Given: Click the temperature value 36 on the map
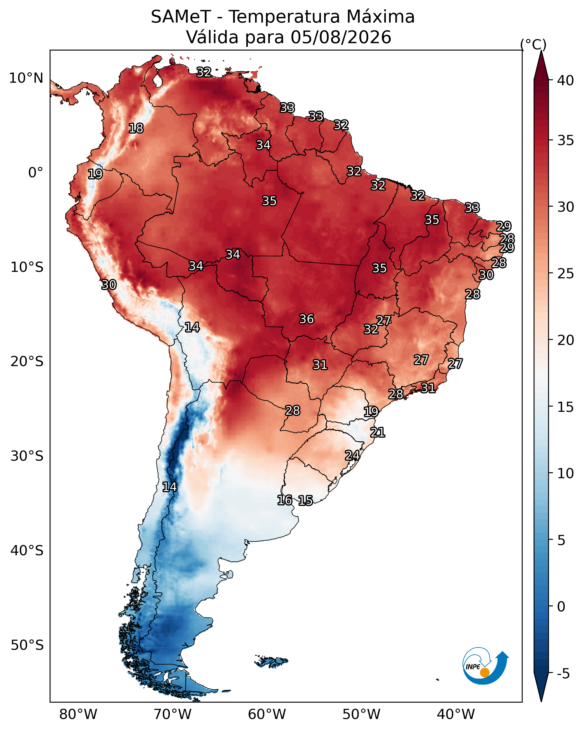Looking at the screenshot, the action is coord(307,319).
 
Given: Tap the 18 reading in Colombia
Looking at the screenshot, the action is coord(136,128).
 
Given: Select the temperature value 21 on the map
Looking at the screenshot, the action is coord(378,432).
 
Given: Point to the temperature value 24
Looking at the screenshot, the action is coord(352,455).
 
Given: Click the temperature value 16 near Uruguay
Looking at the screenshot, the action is coord(285,500).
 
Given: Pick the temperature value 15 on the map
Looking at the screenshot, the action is coord(305,500).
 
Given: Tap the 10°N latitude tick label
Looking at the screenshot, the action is coord(26,78).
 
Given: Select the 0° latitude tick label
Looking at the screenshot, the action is coord(36,173).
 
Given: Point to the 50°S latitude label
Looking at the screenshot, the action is coord(27,645).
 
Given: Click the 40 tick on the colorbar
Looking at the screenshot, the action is coord(566,80).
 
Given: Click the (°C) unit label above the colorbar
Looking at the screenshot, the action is coord(533,44).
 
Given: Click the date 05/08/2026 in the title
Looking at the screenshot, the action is coord(341,37).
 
